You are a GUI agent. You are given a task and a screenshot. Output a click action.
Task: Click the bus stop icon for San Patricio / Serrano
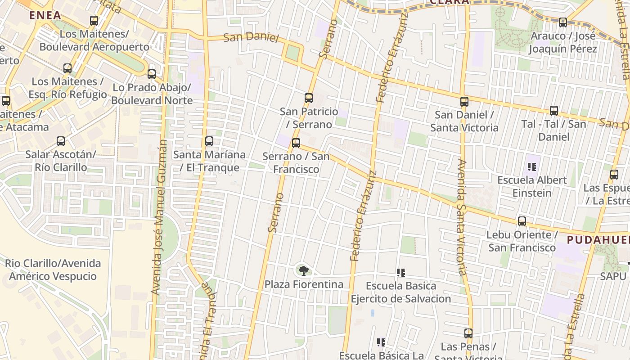click(309, 98)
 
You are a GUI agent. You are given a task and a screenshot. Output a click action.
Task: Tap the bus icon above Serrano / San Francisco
click(296, 143)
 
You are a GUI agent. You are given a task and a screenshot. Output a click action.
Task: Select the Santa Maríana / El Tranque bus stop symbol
click(209, 141)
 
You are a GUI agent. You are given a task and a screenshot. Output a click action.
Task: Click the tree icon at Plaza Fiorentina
click(304, 270)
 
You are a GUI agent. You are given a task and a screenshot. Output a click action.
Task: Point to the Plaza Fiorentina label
click(304, 284)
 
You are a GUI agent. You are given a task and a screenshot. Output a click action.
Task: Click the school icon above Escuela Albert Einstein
click(532, 167)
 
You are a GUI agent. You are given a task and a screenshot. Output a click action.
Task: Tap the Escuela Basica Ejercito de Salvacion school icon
click(400, 272)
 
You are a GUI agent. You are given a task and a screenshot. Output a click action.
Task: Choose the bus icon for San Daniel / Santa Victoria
click(464, 102)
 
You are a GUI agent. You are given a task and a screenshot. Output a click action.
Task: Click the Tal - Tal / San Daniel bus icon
click(554, 110)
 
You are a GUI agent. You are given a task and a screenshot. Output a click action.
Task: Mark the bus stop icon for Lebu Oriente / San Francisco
click(522, 221)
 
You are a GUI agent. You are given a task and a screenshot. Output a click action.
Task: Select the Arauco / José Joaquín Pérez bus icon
click(563, 22)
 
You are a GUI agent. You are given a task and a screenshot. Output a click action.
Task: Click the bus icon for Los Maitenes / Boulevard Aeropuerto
click(94, 21)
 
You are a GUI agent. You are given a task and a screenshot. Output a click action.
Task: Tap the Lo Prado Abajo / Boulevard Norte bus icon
click(152, 74)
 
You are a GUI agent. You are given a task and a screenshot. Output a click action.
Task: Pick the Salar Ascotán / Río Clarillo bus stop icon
click(61, 141)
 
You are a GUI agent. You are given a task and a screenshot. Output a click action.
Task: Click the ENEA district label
click(45, 15)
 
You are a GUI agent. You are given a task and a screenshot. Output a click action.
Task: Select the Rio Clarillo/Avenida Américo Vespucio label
click(53, 270)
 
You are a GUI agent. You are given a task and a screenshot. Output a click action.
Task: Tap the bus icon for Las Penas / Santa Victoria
click(468, 333)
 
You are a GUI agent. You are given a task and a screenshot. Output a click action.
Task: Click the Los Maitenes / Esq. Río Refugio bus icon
click(67, 68)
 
